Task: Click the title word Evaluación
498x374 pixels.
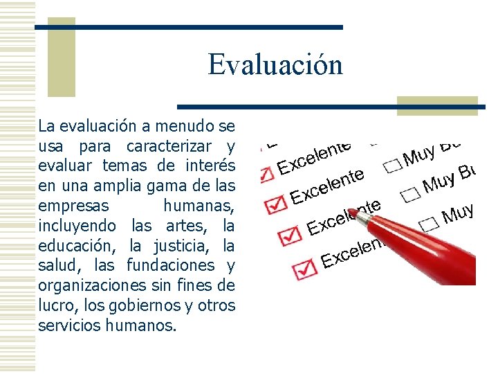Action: coord(275,65)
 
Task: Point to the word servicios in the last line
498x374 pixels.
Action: coord(71,325)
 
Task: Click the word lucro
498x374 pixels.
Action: coord(57,305)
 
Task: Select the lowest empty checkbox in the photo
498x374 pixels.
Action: coord(429,222)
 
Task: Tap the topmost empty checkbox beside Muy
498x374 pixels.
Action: coord(393,165)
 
